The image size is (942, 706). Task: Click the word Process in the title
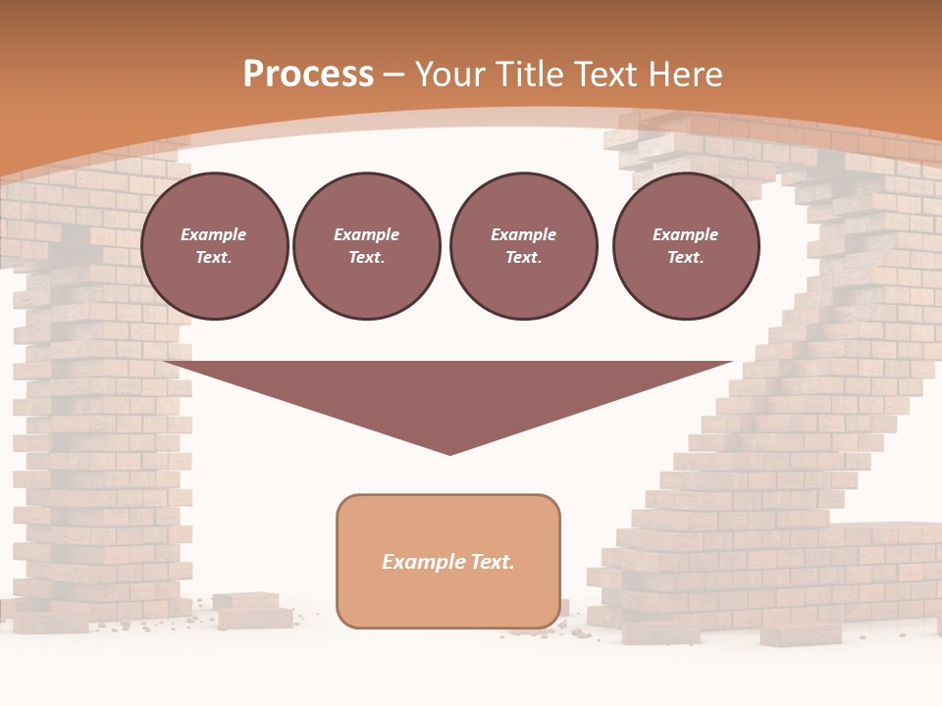coord(308,75)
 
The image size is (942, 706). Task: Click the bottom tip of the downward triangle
coord(450,453)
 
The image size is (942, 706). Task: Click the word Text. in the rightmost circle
coord(686,258)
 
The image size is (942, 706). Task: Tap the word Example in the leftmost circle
coord(214,234)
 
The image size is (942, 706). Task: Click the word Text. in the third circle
coord(523,258)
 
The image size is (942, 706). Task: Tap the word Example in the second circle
coord(367,234)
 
